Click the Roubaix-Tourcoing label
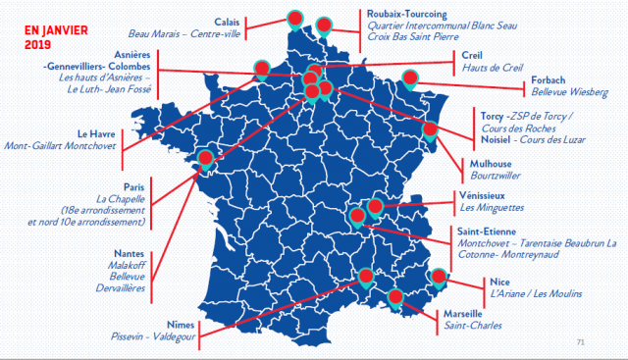point(378,14)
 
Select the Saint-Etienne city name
point(488,231)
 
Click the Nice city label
point(499,280)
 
